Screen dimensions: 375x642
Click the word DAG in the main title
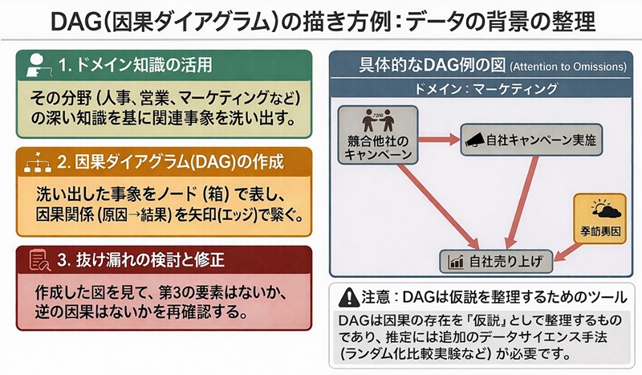click(90, 20)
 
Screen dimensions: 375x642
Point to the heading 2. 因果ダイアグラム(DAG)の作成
click(168, 161)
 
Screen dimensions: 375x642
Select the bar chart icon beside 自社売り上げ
click(457, 261)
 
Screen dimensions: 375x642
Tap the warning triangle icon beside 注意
click(347, 296)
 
